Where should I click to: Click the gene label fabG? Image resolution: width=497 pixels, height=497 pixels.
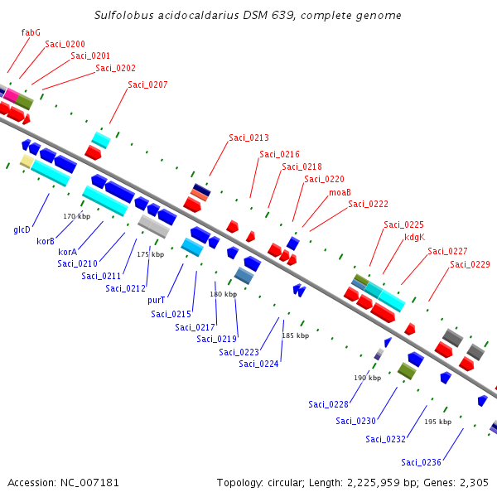pyautogui.click(x=31, y=32)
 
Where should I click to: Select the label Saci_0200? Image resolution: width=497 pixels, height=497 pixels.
pyautogui.click(x=65, y=44)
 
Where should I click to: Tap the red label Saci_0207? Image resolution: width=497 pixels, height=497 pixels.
pyautogui.click(x=147, y=84)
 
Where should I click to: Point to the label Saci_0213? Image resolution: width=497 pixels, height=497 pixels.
pyautogui.click(x=248, y=138)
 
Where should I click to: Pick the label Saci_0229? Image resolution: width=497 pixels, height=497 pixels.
pyautogui.click(x=470, y=265)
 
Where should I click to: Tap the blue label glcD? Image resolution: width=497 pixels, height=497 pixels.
pyautogui.click(x=22, y=229)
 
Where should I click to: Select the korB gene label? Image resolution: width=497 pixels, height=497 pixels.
pyautogui.click(x=46, y=241)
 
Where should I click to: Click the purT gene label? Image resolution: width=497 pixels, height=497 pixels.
pyautogui.click(x=157, y=300)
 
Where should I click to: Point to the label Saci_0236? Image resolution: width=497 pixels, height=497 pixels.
pyautogui.click(x=421, y=462)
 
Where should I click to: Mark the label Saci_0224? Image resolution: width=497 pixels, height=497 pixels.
pyautogui.click(x=258, y=364)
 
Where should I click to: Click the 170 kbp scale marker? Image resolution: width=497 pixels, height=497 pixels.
pyautogui.click(x=75, y=216)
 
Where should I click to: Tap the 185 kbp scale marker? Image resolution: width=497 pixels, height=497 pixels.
pyautogui.click(x=295, y=335)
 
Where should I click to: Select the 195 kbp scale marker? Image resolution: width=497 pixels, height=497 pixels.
pyautogui.click(x=437, y=422)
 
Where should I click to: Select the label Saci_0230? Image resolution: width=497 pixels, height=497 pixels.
pyautogui.click(x=355, y=421)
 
